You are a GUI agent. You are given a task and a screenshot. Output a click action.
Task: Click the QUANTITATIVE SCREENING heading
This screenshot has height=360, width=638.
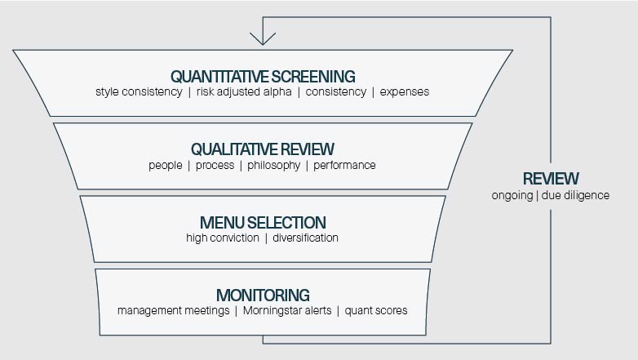click(x=262, y=76)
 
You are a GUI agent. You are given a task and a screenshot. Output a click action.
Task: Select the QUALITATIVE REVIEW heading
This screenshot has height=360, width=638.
click(x=262, y=149)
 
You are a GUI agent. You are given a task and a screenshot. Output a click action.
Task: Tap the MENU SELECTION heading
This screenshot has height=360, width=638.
click(x=262, y=222)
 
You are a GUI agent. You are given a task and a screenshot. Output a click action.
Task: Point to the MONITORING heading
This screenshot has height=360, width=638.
click(x=262, y=295)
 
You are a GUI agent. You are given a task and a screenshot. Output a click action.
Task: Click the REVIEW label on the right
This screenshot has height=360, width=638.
click(x=551, y=179)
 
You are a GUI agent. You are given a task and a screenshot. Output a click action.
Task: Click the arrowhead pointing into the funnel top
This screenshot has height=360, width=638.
click(x=263, y=38)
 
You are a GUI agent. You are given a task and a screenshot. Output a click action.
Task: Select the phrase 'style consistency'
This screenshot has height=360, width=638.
click(x=139, y=91)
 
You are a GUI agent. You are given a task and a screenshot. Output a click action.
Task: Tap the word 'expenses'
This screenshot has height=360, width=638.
click(x=404, y=91)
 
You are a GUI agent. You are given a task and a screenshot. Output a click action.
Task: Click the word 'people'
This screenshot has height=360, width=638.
click(x=165, y=165)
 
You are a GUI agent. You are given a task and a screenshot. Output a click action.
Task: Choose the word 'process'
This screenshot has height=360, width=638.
click(x=215, y=165)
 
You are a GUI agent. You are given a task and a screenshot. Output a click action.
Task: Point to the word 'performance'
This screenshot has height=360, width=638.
click(x=345, y=165)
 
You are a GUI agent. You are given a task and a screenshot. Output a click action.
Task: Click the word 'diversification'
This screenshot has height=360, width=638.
click(x=307, y=238)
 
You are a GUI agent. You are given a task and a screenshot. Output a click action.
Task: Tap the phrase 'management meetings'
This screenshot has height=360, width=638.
click(x=173, y=310)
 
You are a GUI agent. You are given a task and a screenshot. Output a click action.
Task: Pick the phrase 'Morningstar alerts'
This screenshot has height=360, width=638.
click(x=286, y=310)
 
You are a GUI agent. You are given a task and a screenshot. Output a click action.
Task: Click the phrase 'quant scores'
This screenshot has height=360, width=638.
click(x=376, y=310)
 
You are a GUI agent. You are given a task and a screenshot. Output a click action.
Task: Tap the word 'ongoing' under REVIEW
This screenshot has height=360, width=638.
click(x=512, y=195)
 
